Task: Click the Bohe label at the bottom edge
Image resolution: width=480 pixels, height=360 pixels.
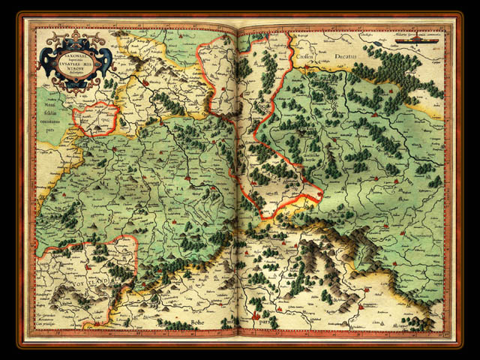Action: tap(196, 322)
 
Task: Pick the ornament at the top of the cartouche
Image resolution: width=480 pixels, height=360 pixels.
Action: tap(76, 37)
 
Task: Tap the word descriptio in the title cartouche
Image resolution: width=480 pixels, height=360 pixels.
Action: tap(76, 75)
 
